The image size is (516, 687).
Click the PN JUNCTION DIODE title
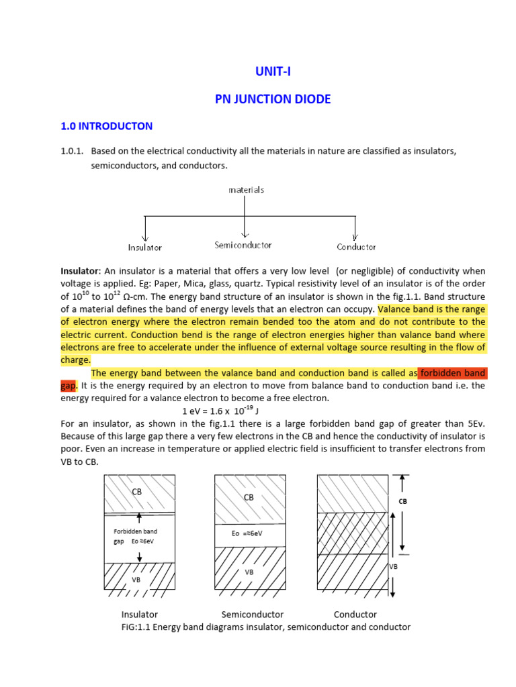tap(273, 99)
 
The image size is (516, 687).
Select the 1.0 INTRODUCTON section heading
tap(107, 126)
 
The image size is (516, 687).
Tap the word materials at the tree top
tap(246, 190)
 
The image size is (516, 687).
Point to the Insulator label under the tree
tap(145, 248)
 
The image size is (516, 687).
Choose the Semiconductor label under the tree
tap(243, 246)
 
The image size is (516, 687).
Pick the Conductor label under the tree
tap(356, 248)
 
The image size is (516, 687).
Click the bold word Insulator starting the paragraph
tap(80, 271)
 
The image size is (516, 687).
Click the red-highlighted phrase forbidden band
tap(452, 373)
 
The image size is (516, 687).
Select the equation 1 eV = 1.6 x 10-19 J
tap(221, 411)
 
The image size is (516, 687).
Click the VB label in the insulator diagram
tap(136, 579)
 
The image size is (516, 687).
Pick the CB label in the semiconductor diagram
tap(249, 497)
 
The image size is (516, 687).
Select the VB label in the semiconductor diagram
tap(249, 572)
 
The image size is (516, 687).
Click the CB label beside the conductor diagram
tap(403, 501)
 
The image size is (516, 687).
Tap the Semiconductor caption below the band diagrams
tap(253, 615)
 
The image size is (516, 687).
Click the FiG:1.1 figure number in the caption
tap(138, 627)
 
